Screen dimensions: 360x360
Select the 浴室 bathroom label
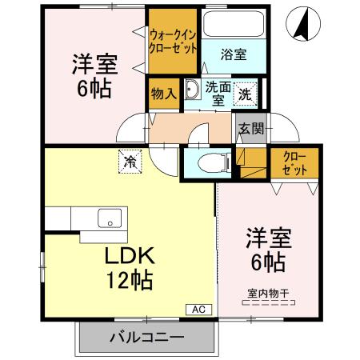click(233, 54)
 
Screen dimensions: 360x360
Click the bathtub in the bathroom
click(233, 23)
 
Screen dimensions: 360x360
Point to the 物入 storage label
click(163, 94)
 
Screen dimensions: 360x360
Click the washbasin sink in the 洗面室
click(192, 89)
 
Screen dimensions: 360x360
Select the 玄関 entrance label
click(250, 126)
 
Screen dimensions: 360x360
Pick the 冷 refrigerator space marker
click(130, 161)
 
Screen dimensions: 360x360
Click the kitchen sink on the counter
click(110, 218)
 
